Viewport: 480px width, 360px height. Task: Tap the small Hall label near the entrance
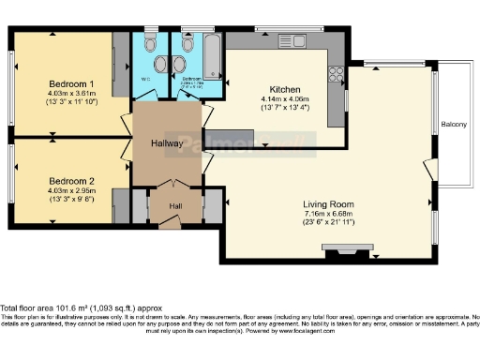[x=175, y=206]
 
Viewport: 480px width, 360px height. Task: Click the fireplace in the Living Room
[x=335, y=247]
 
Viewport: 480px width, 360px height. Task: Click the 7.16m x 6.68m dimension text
[x=327, y=214]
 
